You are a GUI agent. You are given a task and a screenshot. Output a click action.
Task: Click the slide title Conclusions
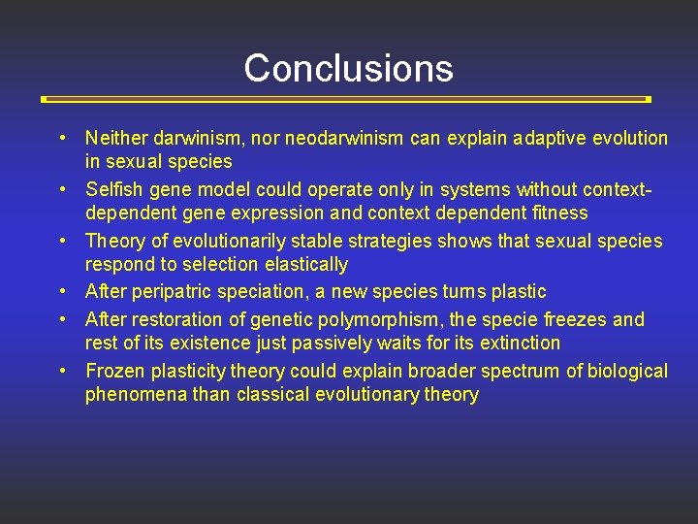point(348,68)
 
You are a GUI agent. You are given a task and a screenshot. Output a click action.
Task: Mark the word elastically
point(302,264)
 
